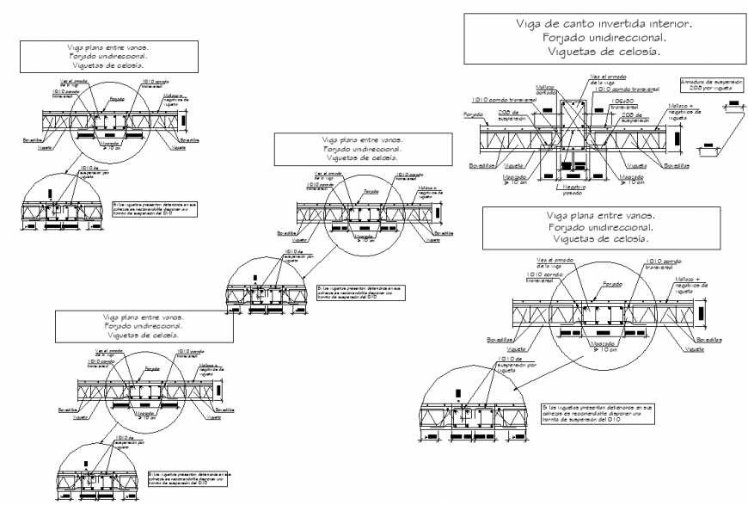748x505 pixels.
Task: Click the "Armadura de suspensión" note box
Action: (x=710, y=84)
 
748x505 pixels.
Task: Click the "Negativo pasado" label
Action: (x=569, y=191)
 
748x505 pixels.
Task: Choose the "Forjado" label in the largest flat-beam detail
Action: (x=612, y=283)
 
